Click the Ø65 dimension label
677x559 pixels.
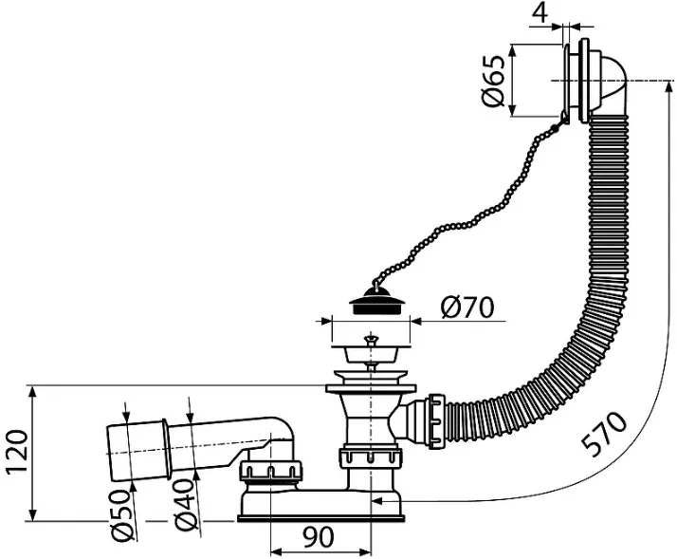(x=493, y=81)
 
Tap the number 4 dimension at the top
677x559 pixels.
(x=540, y=13)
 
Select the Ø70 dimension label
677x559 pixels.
(x=467, y=307)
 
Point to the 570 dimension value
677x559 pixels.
(x=604, y=434)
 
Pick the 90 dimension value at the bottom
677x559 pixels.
(x=319, y=537)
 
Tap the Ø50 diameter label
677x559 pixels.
(x=121, y=514)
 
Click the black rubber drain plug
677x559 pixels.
(x=376, y=301)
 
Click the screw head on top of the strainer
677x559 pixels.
(x=370, y=339)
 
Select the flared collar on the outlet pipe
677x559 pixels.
(x=165, y=450)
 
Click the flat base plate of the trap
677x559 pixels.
(x=320, y=518)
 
